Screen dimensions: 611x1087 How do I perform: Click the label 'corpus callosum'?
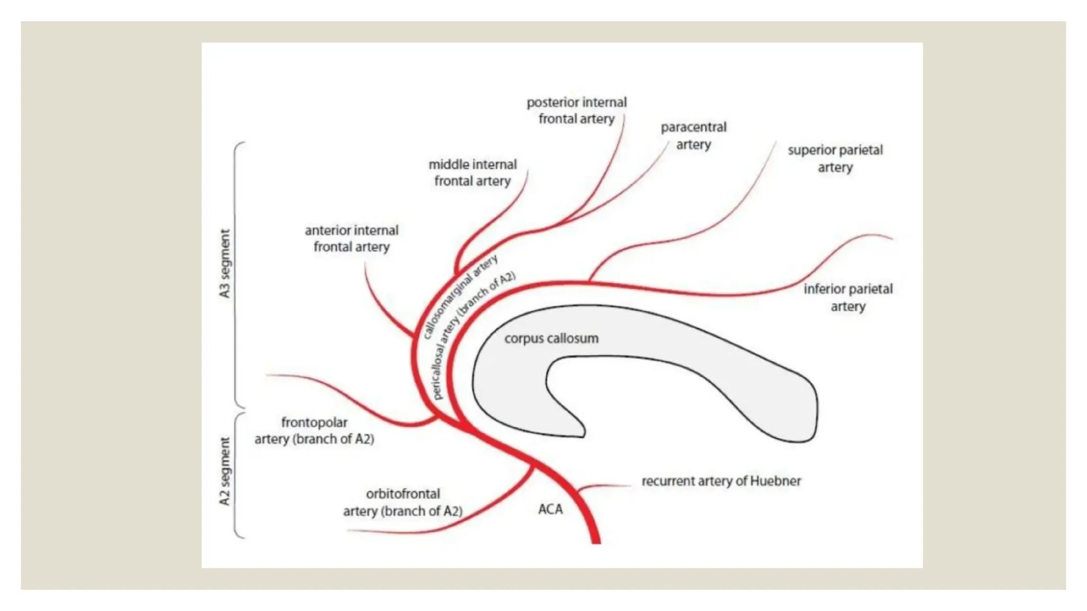[551, 338]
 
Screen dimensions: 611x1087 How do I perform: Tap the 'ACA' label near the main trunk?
[550, 509]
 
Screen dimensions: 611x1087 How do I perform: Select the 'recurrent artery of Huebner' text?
[721, 481]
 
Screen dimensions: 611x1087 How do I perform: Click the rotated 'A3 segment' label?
[225, 264]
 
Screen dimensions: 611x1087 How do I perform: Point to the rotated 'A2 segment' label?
[225, 472]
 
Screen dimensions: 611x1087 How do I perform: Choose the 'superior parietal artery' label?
[835, 159]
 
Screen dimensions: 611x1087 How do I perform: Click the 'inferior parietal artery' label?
[848, 298]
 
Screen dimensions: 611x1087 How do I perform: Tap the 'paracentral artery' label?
[693, 136]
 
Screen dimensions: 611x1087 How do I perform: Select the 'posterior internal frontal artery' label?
[576, 110]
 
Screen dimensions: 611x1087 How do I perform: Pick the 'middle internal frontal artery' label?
[472, 172]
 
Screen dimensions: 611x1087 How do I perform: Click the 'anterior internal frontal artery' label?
[351, 239]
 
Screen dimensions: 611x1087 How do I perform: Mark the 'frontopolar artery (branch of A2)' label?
[314, 431]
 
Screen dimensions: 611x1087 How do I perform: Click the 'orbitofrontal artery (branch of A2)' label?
[403, 502]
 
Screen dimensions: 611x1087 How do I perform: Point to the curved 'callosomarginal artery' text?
[460, 297]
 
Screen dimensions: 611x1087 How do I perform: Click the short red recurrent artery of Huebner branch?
[600, 486]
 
